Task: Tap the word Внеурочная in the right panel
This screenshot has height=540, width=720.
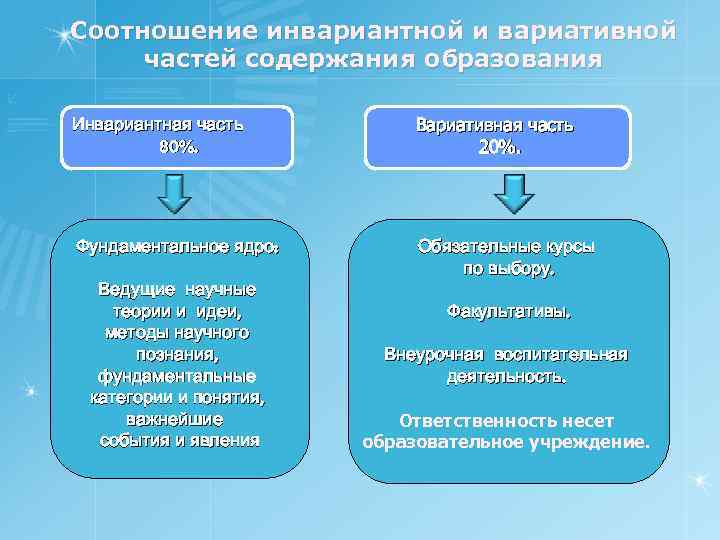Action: click(x=435, y=355)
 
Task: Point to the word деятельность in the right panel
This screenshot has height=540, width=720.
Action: click(x=506, y=377)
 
